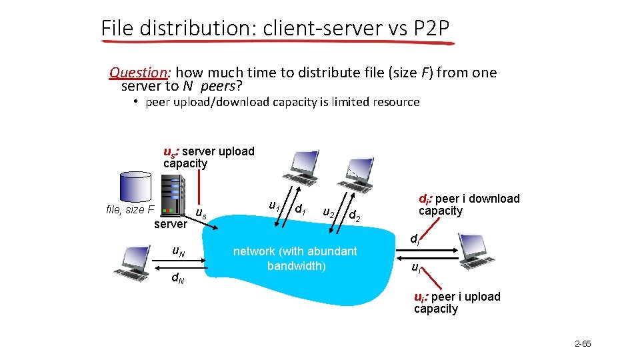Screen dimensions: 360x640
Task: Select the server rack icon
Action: pyautogui.click(x=172, y=195)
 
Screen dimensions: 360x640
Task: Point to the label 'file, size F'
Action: pyautogui.click(x=130, y=210)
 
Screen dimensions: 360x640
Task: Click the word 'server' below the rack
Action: pyautogui.click(x=171, y=224)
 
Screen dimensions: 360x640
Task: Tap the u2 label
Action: pyautogui.click(x=329, y=213)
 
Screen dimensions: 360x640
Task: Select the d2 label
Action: pyautogui.click(x=355, y=216)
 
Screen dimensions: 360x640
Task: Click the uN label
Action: pyautogui.click(x=178, y=251)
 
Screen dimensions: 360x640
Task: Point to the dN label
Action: pyautogui.click(x=178, y=278)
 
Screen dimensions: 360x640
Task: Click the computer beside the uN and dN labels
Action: pyautogui.click(x=132, y=263)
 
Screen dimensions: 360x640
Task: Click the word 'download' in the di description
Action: pyautogui.click(x=494, y=199)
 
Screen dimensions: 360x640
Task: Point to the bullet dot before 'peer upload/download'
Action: pyautogui.click(x=134, y=102)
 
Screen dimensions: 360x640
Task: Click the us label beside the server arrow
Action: pyautogui.click(x=200, y=213)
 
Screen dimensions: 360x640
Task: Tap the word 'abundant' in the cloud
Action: pyautogui.click(x=331, y=251)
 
